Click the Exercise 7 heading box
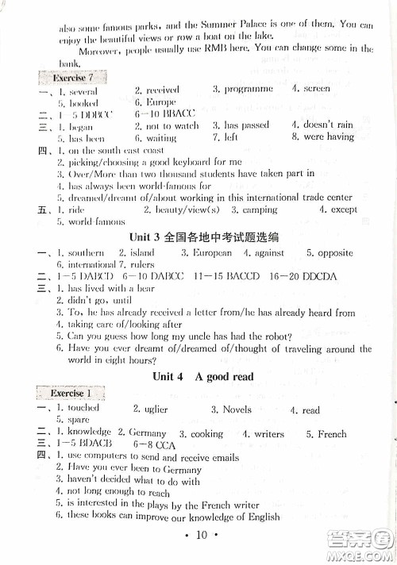tap(71, 78)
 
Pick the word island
tap(158, 253)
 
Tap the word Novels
tap(236, 409)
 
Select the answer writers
tap(268, 434)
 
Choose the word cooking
tap(206, 434)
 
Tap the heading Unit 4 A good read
tap(203, 376)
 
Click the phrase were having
tap(328, 137)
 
